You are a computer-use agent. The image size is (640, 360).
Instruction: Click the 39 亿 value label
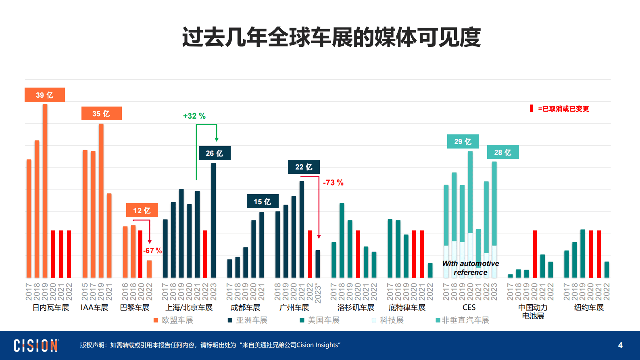coord(45,95)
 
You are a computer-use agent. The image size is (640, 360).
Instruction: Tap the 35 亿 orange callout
coord(101,113)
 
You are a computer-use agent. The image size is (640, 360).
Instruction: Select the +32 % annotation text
coord(194,116)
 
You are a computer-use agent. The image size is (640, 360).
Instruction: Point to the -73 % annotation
coord(333,183)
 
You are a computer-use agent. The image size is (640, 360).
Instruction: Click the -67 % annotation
coord(152,251)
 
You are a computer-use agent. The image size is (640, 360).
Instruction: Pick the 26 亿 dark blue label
coord(215,153)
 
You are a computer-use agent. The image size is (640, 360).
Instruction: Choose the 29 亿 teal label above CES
coord(463,142)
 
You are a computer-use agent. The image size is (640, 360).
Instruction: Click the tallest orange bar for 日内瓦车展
coord(45,190)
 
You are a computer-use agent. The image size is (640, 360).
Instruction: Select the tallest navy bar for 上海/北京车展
coord(213,220)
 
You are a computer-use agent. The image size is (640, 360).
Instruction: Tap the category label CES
coord(469,308)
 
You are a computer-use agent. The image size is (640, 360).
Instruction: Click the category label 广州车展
coord(294,308)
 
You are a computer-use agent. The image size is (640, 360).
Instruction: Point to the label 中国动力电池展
coord(533,312)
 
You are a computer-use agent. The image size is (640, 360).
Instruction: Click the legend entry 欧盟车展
coord(174,320)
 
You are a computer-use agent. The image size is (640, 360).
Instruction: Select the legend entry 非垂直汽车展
coord(463,320)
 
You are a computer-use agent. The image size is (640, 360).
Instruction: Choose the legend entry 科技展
coord(388,320)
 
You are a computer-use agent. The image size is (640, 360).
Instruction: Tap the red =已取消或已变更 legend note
coord(561,109)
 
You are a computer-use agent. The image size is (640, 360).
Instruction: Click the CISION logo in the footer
coord(36,345)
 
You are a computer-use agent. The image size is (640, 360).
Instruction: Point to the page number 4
coord(620,345)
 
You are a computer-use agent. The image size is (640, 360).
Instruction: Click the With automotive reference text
coord(470,268)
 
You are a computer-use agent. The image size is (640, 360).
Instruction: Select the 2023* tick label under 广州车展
coord(318,293)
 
